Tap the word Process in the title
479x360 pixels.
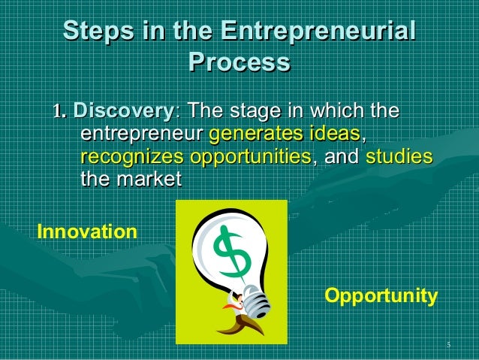pos(239,62)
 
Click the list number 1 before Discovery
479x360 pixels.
pos(57,113)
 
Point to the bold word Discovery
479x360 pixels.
pos(122,113)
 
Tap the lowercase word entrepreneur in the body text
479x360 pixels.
pos(140,136)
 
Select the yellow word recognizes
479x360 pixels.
pos(132,158)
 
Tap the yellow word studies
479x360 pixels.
pos(399,158)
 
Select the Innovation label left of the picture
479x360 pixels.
pos(87,231)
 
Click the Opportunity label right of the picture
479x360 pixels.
pos(381,295)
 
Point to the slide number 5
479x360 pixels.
pos(447,345)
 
